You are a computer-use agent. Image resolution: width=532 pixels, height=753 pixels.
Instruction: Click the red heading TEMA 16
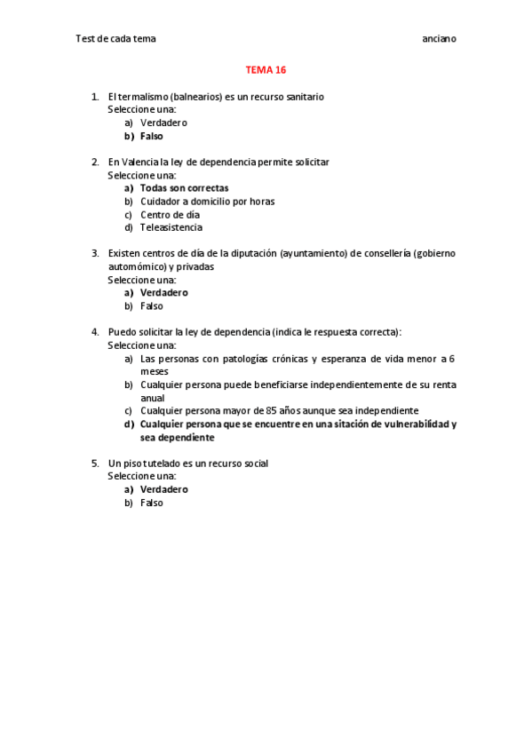266,69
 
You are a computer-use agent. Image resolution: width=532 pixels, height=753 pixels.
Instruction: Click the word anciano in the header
439,39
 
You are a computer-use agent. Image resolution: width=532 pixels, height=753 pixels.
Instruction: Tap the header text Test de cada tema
115,39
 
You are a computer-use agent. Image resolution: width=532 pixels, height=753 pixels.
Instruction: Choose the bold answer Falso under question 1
151,136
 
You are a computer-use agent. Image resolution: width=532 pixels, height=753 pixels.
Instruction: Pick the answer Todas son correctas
184,187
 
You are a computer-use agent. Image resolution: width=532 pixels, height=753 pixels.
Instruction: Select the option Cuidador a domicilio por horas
207,201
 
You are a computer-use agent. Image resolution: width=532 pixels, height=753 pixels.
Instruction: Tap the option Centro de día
170,214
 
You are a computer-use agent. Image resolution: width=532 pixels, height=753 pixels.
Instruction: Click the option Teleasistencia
171,227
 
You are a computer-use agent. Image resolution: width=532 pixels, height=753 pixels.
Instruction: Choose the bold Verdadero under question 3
163,292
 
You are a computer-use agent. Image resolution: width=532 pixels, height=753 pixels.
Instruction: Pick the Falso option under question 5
151,502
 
